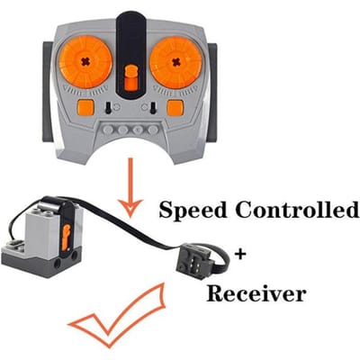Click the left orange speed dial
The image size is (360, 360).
[85, 62]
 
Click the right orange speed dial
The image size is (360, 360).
[175, 62]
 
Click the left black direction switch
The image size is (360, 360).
[108, 107]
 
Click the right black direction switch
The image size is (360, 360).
[153, 107]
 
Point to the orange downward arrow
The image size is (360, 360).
[130, 187]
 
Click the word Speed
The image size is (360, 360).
[193, 211]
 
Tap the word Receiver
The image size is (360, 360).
[256, 293]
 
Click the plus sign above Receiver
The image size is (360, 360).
[240, 255]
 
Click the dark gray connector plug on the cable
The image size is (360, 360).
[191, 256]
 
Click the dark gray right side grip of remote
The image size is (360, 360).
[212, 93]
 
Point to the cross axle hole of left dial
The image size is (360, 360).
[86, 62]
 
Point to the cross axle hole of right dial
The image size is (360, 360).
[175, 61]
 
